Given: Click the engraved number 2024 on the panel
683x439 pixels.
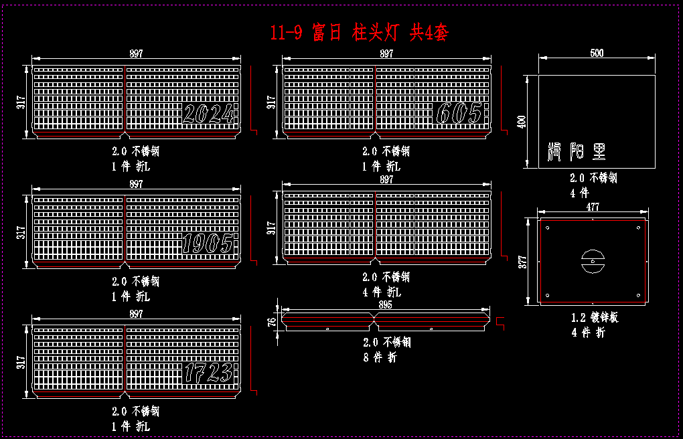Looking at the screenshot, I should click(210, 115).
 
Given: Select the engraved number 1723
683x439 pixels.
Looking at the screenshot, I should click(209, 373).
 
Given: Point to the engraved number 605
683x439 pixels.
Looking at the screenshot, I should click(459, 114).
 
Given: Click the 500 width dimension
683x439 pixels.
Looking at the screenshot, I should click(597, 54).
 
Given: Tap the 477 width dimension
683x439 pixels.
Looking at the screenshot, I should click(593, 207).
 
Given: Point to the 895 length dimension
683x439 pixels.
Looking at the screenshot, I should click(385, 304).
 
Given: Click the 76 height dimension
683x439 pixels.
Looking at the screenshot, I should click(272, 321).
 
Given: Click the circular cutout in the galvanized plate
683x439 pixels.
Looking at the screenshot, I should click(593, 260).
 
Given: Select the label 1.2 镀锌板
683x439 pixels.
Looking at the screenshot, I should click(595, 317).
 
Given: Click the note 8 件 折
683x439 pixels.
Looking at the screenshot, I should click(380, 357).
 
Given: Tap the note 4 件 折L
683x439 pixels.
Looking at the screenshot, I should click(381, 292).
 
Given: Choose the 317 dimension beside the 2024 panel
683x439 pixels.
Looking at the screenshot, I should click(21, 102).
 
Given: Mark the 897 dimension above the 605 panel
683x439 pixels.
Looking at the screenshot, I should click(386, 54).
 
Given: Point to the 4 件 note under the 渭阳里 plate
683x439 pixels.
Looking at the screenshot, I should click(580, 193).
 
